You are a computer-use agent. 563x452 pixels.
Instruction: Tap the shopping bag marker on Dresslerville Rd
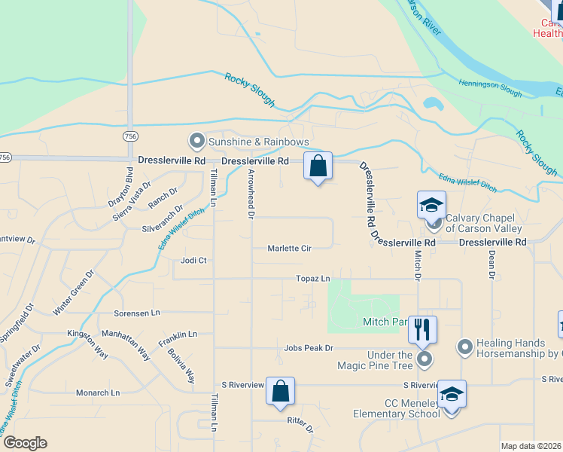318,166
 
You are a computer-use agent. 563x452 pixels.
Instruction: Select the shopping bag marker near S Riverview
280,391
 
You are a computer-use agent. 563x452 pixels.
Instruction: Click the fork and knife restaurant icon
422,328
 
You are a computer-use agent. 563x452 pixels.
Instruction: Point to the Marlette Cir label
290,248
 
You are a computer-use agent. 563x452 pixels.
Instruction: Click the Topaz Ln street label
315,279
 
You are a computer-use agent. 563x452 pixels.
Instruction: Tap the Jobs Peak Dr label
309,348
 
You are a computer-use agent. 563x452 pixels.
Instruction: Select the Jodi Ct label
193,261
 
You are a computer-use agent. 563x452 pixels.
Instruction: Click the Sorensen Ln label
137,312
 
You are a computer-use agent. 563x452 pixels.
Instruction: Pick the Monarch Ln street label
98,392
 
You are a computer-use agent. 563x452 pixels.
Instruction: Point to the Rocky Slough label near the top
251,89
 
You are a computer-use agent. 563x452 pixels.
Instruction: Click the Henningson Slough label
490,87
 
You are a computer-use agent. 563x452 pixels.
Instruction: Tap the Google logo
25,443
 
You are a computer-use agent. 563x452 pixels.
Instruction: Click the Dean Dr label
491,264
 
